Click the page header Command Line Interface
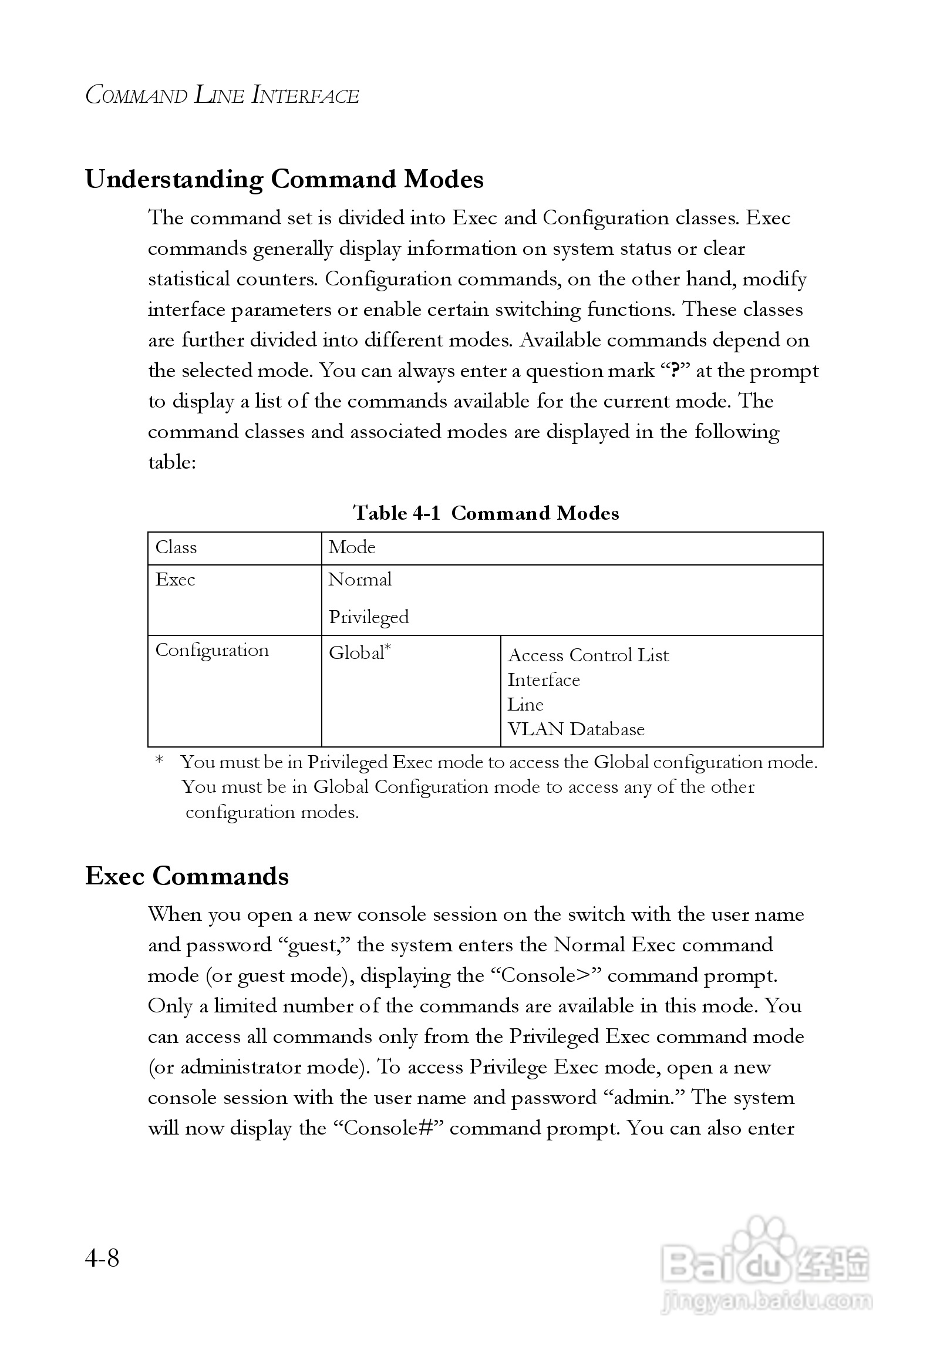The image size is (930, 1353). (x=222, y=95)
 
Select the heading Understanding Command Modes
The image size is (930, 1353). (x=284, y=179)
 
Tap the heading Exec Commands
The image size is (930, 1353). (x=187, y=876)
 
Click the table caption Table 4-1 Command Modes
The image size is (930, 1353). (x=486, y=513)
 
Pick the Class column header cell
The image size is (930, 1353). (x=176, y=547)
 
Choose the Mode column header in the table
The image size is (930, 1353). (x=352, y=547)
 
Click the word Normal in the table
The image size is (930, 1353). (x=360, y=580)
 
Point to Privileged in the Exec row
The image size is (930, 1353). (x=369, y=617)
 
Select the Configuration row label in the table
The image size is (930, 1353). (x=212, y=650)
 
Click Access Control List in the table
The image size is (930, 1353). (x=588, y=655)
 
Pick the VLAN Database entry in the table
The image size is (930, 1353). (x=576, y=729)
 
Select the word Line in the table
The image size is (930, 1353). (x=525, y=705)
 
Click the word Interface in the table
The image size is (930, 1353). (x=544, y=680)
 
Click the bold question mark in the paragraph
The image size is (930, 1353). (x=675, y=371)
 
